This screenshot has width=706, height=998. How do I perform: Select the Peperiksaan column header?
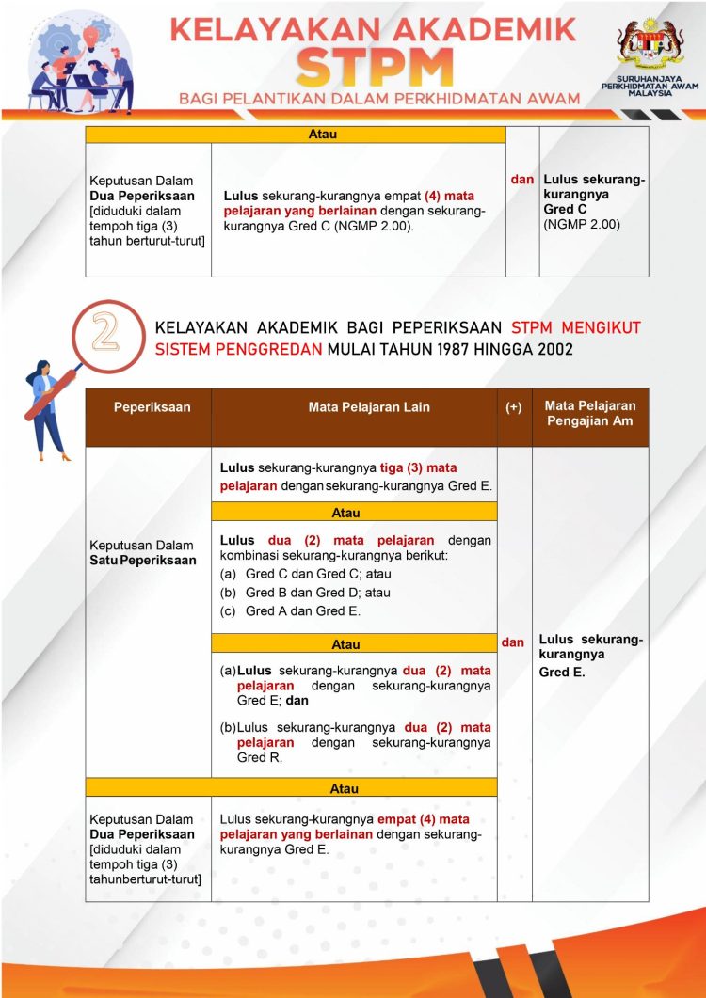coord(152,407)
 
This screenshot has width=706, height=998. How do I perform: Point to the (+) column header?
coord(514,407)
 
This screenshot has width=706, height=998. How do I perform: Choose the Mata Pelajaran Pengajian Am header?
coord(590,414)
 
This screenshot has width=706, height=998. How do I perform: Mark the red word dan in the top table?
coord(522,179)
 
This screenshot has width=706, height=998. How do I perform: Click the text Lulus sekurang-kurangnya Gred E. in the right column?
coord(590,656)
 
